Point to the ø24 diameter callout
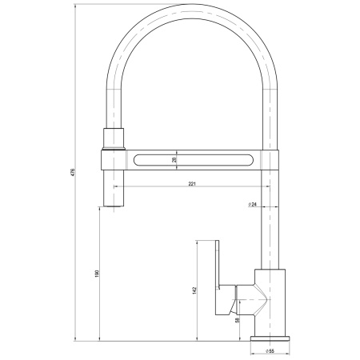pos(252,206)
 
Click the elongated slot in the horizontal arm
pos(192,160)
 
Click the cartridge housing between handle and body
pos(240,301)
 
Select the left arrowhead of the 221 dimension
pos(115,189)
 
